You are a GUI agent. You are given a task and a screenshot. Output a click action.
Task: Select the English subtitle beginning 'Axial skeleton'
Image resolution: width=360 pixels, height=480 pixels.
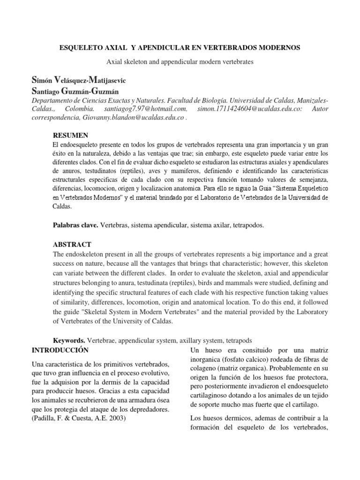(180, 62)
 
